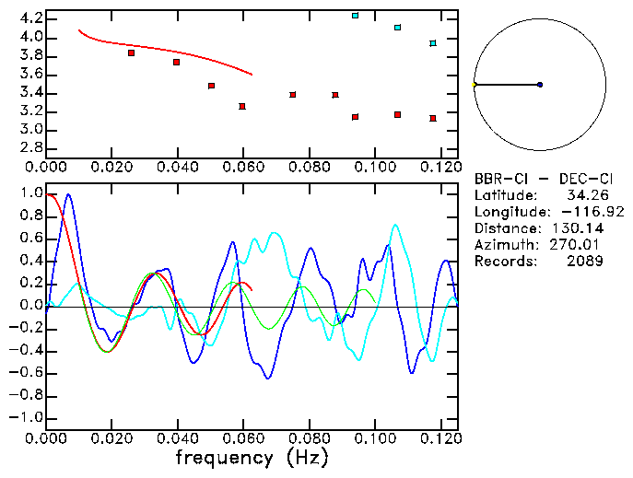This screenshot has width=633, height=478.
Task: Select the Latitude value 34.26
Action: [586, 195]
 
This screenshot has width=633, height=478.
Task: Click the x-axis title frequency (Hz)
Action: [252, 457]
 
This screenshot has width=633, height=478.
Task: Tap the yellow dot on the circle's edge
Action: [474, 85]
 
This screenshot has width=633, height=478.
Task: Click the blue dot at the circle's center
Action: [540, 85]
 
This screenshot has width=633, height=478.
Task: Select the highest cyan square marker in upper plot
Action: [356, 16]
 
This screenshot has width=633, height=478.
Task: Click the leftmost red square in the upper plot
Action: [131, 53]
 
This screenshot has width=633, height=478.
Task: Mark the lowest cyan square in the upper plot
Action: [433, 43]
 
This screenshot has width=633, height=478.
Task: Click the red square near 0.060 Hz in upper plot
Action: [242, 107]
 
